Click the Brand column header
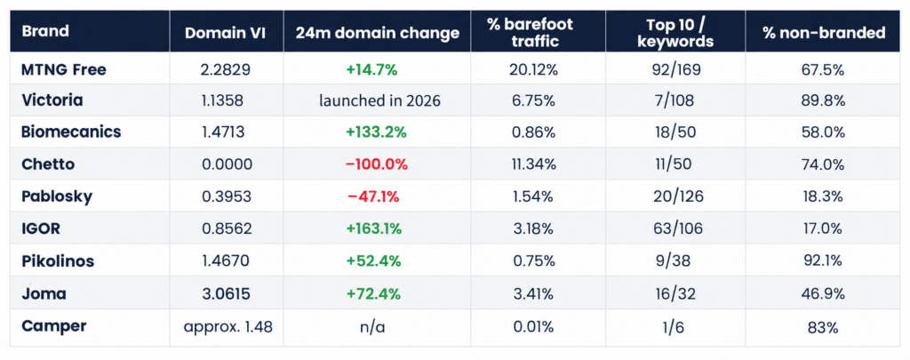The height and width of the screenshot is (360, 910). (x=45, y=31)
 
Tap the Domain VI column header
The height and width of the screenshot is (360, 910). (x=225, y=33)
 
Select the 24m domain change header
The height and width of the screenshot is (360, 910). (x=377, y=33)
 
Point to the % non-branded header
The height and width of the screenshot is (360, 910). (x=824, y=33)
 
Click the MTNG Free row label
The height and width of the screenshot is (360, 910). (x=64, y=69)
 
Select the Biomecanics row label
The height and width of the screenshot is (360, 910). (x=71, y=132)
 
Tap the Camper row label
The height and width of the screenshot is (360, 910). (x=54, y=326)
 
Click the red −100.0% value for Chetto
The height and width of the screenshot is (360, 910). (x=376, y=164)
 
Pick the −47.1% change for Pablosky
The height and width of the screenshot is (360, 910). (x=373, y=196)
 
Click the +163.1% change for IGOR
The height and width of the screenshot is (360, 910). (x=374, y=229)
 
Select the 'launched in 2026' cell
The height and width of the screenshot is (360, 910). (x=379, y=100)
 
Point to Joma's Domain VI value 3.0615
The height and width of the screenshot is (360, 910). (x=227, y=294)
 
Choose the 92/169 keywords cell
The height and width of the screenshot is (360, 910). (x=676, y=70)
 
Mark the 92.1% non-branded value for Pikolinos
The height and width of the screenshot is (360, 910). (x=825, y=262)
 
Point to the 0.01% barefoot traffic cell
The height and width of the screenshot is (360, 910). (x=533, y=327)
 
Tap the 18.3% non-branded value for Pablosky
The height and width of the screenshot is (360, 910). (x=825, y=196)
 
